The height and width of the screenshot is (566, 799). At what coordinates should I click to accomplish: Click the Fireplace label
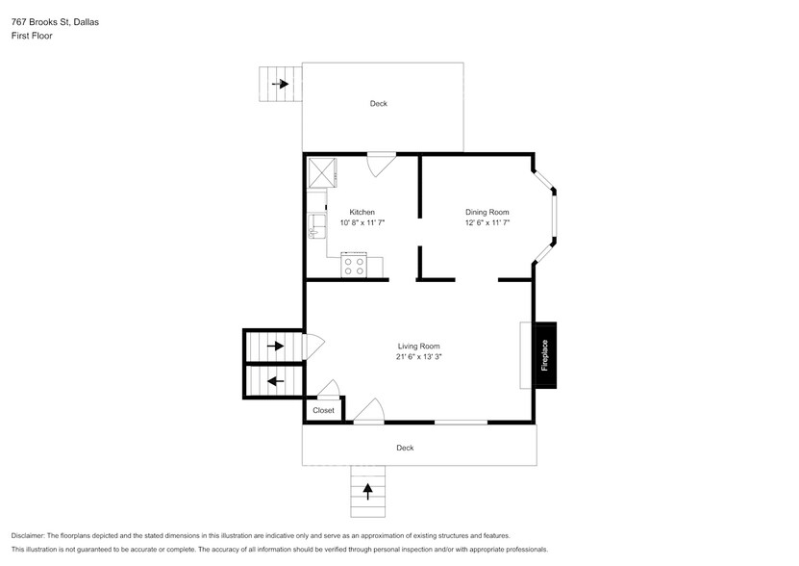coord(544,355)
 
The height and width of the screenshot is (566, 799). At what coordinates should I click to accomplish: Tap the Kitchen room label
coord(362,212)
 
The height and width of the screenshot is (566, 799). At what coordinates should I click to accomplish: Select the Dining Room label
coord(487,212)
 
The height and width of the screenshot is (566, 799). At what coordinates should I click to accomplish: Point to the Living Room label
coord(418,346)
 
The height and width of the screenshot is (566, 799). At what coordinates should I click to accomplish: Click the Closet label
coord(323,410)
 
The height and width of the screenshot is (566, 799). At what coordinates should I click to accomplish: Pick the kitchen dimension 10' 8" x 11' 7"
coord(362,222)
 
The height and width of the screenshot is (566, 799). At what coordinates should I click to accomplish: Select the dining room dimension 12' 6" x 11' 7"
coord(487,222)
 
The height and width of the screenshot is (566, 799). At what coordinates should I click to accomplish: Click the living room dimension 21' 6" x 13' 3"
coord(418,356)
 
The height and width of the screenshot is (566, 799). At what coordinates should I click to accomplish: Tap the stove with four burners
coord(354,265)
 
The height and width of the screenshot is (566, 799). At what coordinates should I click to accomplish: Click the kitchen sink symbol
coord(314,227)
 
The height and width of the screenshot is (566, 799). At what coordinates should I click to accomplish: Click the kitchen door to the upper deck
coord(381,163)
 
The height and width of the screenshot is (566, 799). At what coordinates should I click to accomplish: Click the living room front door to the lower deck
coord(369,412)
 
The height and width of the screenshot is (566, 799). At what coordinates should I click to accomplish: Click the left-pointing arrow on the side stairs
coord(275,381)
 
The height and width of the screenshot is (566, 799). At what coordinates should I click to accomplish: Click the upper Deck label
coord(379,104)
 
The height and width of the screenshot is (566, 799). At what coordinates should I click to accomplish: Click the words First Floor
coord(32,36)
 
